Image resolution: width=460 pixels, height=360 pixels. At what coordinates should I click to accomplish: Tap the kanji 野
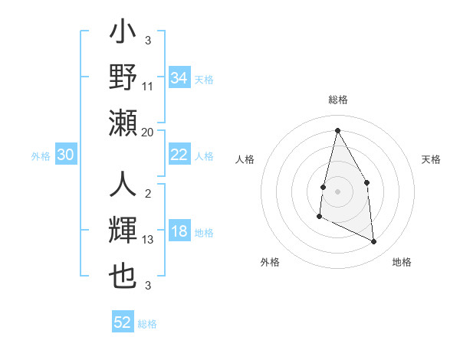pos(123,78)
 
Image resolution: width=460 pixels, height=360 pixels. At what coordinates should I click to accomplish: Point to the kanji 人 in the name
pos(123,186)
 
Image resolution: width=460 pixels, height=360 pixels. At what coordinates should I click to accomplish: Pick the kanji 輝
pos(123,232)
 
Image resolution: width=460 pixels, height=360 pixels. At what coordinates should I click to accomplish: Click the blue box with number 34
pos(179,78)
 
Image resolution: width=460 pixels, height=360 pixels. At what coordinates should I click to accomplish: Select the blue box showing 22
pos(179,155)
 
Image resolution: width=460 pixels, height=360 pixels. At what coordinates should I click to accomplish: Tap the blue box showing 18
pos(179,232)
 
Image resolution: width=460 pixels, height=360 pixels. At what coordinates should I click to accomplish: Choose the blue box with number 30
pos(66,155)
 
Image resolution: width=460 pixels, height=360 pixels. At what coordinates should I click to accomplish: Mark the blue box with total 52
pos(123,322)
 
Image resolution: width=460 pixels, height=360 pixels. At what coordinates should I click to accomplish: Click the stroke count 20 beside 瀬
pos(148,133)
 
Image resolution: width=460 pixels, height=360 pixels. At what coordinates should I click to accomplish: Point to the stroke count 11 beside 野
pos(148,87)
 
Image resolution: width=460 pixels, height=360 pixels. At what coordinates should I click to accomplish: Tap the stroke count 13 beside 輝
pos(148,240)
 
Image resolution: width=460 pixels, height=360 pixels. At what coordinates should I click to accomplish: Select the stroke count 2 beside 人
pos(148,194)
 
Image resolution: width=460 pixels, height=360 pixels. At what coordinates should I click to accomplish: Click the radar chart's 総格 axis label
pos(337,100)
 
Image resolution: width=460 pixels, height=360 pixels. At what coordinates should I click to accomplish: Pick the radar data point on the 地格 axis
pos(374,242)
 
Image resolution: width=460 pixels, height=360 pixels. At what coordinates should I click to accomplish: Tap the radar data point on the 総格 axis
pos(337,129)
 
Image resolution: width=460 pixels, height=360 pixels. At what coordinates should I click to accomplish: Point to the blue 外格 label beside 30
pos(41,156)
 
